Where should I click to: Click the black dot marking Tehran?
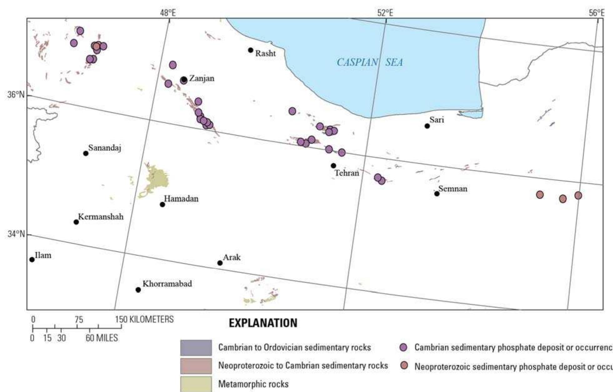point(333,166)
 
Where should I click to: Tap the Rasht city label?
point(265,53)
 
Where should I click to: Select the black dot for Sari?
point(427,126)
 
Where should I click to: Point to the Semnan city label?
point(453,189)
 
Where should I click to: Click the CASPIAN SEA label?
point(369,62)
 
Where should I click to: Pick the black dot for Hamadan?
point(162,205)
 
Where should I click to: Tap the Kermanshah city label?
point(101,217)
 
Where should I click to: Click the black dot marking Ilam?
point(32,260)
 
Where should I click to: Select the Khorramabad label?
point(167,284)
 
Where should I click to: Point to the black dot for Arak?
point(220,263)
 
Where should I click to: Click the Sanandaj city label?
point(104,148)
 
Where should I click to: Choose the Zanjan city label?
point(202,78)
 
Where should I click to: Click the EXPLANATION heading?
point(263,323)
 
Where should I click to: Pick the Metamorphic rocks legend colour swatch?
point(196,384)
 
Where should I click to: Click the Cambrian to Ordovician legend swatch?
point(196,348)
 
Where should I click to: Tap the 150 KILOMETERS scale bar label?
point(144,319)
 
